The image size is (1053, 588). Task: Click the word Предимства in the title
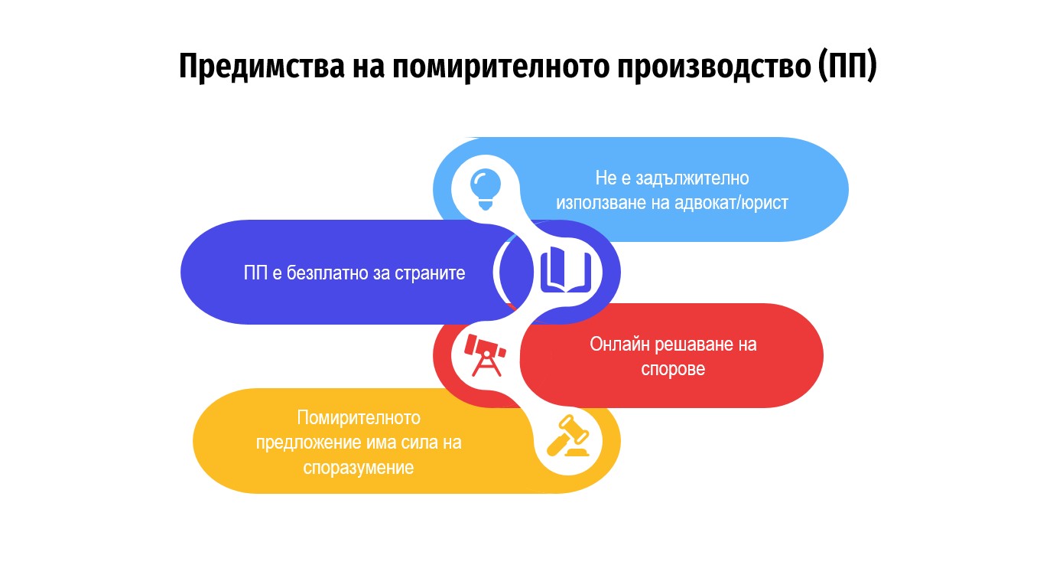pyautogui.click(x=262, y=66)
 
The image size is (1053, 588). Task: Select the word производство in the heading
pyautogui.click(x=714, y=67)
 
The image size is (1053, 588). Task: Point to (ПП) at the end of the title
pyautogui.click(x=847, y=66)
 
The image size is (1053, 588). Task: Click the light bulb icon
pyautogui.click(x=486, y=189)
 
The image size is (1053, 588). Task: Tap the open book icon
pyautogui.click(x=566, y=269)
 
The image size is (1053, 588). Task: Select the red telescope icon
pyautogui.click(x=485, y=355)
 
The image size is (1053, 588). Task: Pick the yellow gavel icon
pyautogui.click(x=568, y=436)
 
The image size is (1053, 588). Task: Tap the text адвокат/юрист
pyautogui.click(x=731, y=203)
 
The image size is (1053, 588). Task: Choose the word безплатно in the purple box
pyautogui.click(x=328, y=273)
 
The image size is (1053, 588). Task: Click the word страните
pyautogui.click(x=430, y=273)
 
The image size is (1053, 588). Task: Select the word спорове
pyautogui.click(x=673, y=369)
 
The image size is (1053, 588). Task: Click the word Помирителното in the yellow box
pyautogui.click(x=359, y=418)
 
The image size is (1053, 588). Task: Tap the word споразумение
pyautogui.click(x=358, y=468)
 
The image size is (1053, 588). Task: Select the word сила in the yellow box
pyautogui.click(x=418, y=443)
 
